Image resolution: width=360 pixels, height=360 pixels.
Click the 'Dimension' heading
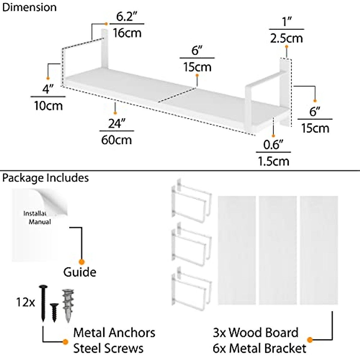coord(29,7)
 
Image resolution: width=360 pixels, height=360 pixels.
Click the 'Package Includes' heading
coord(45,178)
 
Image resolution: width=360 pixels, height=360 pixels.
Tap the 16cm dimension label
coord(127,33)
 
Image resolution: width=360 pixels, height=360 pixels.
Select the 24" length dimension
coord(116,123)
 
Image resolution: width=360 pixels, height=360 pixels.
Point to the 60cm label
coord(116,140)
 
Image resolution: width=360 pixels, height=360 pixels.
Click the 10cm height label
coord(48,106)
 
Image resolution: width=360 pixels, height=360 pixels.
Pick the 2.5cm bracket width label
coord(286,38)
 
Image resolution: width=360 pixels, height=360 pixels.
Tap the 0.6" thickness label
coord(273,145)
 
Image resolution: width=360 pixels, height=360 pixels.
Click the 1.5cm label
coord(273,161)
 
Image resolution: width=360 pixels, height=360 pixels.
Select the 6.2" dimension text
coord(127,17)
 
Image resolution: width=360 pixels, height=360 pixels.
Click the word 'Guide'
coord(79,272)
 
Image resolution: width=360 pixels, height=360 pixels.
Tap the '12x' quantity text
coord(25,302)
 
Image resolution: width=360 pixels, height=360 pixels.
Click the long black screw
coord(43,303)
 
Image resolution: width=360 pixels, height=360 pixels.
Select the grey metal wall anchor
coord(68,305)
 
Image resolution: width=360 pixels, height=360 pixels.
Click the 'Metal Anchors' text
coord(114,333)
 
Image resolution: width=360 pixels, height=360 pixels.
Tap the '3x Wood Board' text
coord(255,333)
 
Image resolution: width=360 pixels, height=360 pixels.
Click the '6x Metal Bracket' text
coord(259,348)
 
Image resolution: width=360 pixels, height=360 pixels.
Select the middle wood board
coord(277,250)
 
